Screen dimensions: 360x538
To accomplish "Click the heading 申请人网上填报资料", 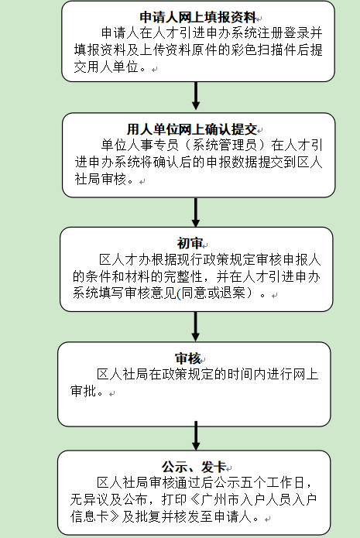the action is (x=198, y=17).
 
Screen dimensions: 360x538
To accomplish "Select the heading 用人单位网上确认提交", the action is (x=192, y=129).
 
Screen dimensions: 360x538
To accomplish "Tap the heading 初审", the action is (x=190, y=243).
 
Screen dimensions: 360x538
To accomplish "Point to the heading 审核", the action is (x=187, y=358).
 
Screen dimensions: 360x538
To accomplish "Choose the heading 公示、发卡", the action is (x=194, y=467).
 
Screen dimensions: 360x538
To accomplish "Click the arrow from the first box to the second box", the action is (x=196, y=96).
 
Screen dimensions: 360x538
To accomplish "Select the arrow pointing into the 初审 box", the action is (x=196, y=212).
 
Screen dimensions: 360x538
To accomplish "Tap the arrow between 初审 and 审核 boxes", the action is (x=196, y=327).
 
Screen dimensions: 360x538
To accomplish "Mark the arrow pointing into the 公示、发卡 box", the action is (x=196, y=435).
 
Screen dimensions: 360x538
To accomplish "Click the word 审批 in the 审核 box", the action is (x=84, y=391).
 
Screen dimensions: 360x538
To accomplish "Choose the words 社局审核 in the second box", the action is (x=101, y=179).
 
